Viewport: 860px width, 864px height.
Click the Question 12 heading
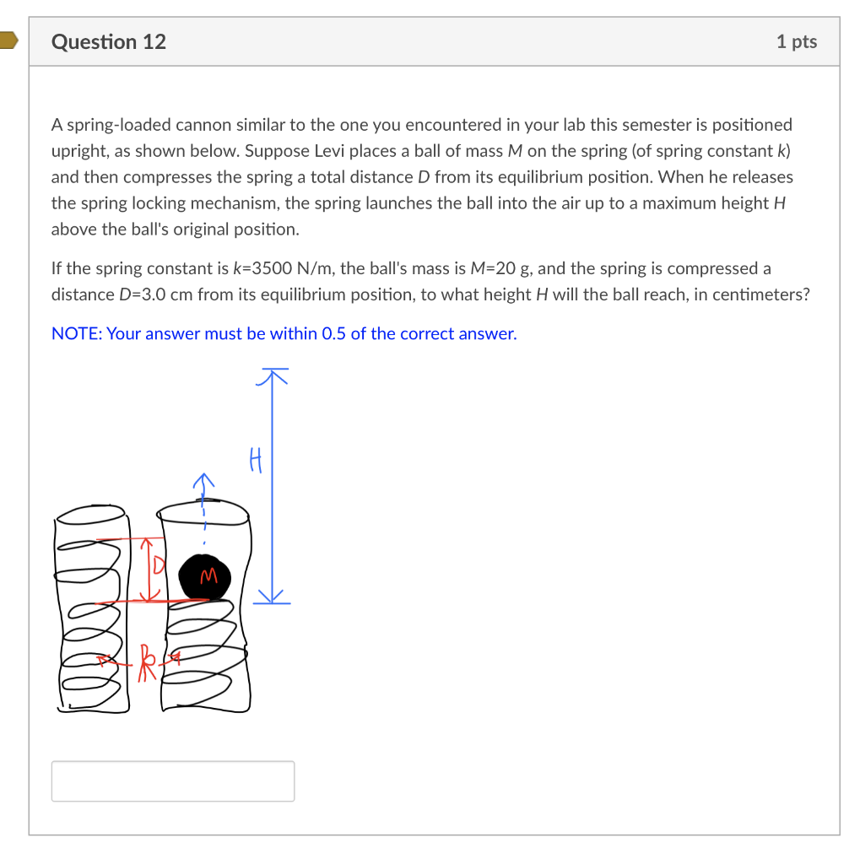click(x=109, y=41)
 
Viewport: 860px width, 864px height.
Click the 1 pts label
click(x=796, y=41)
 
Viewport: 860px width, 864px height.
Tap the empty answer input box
click(x=173, y=780)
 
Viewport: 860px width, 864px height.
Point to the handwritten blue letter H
click(x=257, y=460)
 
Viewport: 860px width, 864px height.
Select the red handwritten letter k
click(x=148, y=656)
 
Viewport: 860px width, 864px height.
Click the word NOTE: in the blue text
click(x=76, y=333)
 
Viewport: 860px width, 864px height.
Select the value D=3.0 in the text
click(x=149, y=294)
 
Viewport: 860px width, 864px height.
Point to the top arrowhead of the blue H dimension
click(x=273, y=374)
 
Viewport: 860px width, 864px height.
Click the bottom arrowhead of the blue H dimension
click(x=273, y=597)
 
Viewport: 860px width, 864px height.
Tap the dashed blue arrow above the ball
click(x=203, y=506)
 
